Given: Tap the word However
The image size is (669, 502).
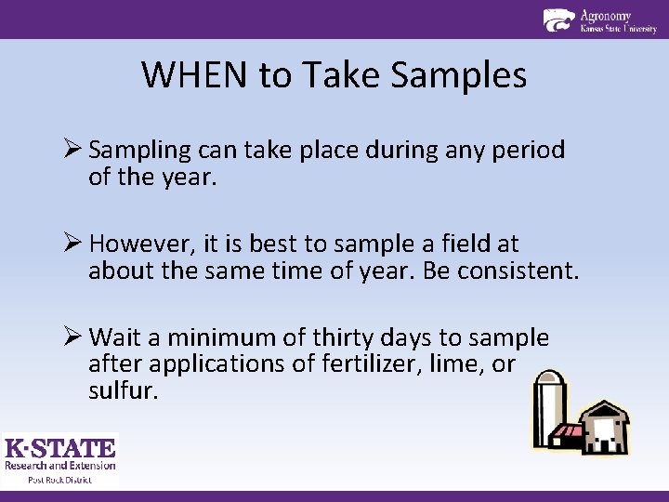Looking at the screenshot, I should [x=142, y=244].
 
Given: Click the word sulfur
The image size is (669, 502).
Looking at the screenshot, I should [x=124, y=390].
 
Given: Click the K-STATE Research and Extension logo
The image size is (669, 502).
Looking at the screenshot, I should [x=60, y=455].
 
